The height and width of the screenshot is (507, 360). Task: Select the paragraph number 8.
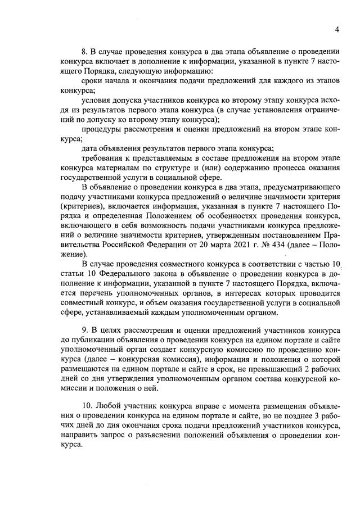(84, 51)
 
